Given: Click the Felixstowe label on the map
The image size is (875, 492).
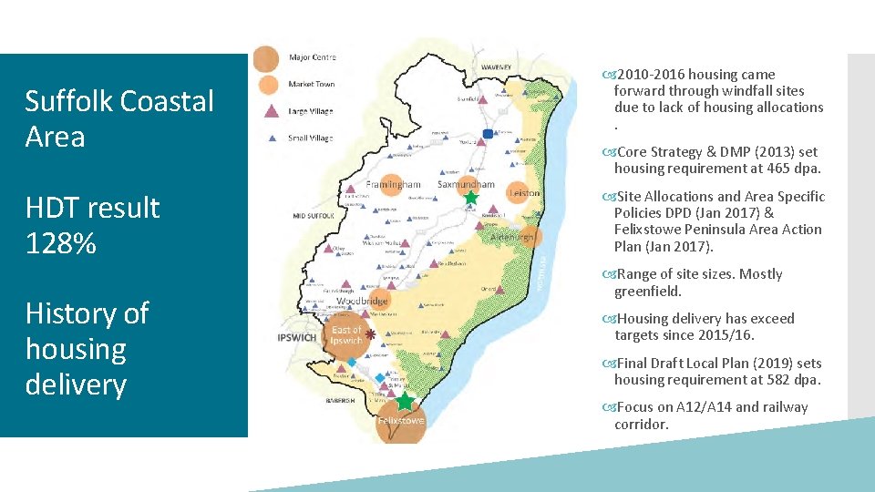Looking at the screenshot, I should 401,421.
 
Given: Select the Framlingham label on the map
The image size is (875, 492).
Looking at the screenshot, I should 393,184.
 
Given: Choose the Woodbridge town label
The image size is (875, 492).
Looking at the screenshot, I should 362,301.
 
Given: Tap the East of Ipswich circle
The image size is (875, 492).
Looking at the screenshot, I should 347,335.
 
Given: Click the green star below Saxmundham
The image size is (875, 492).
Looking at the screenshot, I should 470,198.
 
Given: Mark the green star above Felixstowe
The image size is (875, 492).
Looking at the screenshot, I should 405,402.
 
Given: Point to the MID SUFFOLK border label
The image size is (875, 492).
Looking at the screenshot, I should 311,216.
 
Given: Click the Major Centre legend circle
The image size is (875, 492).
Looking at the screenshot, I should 266,58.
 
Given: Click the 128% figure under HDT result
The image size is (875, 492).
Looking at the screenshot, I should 60,243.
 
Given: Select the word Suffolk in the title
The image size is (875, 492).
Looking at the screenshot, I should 68,101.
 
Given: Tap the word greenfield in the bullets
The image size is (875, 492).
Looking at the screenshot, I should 647,292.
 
